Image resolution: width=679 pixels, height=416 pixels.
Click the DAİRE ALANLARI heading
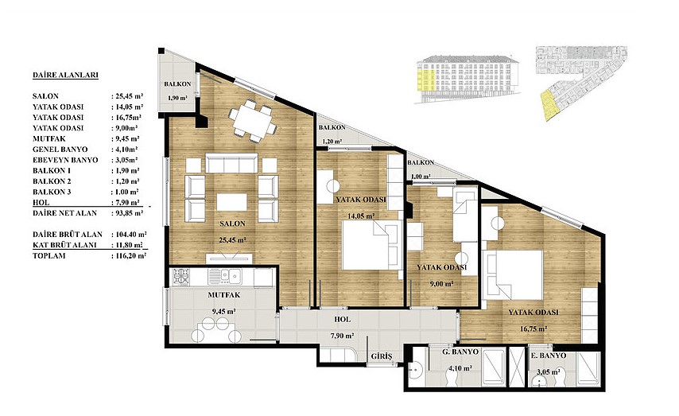(x=65, y=75)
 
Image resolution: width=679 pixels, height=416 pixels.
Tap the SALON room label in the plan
(x=232, y=224)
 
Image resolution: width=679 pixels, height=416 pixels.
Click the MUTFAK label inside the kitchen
(x=224, y=295)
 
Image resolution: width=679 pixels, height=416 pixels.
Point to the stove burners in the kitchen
(x=181, y=277)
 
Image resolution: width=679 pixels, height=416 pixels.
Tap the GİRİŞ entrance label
(x=382, y=356)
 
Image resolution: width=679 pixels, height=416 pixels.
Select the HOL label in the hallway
(x=343, y=320)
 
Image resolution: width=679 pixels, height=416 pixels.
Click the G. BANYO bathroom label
(x=460, y=352)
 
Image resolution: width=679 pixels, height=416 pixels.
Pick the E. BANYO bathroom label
(x=549, y=356)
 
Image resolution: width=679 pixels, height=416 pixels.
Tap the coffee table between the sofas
(x=231, y=202)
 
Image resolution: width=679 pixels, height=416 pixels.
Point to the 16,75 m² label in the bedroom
(x=533, y=329)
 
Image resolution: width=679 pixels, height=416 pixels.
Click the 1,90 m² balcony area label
(x=177, y=98)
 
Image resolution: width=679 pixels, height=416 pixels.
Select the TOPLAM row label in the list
(x=49, y=255)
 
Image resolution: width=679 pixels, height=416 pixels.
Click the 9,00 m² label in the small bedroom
(x=442, y=284)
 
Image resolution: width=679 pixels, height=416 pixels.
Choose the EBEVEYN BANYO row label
(x=65, y=160)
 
